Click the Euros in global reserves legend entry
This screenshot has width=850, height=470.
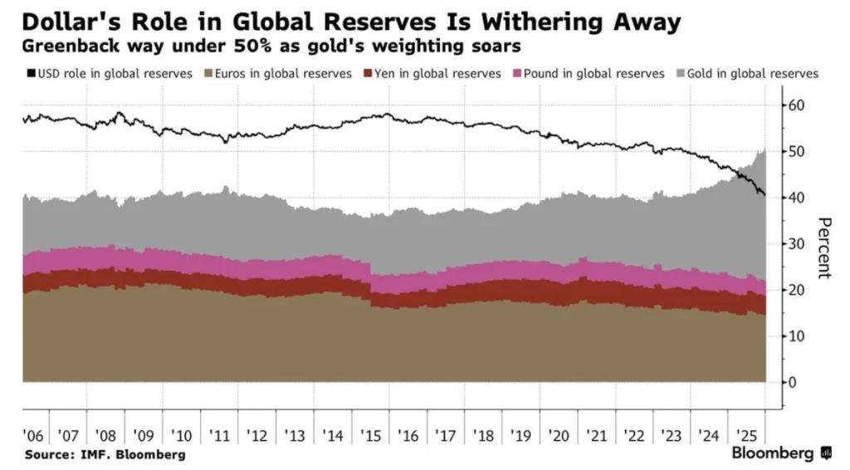[x=279, y=73]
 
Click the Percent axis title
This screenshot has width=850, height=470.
[x=824, y=247]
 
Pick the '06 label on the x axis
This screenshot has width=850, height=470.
[x=33, y=436]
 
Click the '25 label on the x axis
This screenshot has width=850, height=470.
[x=746, y=436]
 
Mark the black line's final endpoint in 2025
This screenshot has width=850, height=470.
[x=765, y=196]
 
